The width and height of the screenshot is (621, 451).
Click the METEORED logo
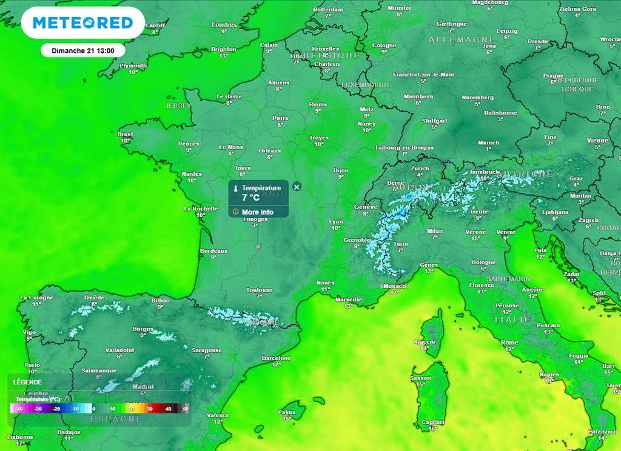[82, 23]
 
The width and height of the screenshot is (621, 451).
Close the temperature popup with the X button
[297, 187]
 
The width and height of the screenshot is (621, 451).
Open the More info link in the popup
[257, 212]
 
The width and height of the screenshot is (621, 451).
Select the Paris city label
[280, 118]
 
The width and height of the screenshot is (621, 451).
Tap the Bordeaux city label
[213, 250]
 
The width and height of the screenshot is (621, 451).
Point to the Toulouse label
[259, 290]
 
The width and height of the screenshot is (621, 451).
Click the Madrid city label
[143, 387]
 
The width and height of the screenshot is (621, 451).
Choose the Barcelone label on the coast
[277, 358]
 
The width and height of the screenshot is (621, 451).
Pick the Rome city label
[509, 342]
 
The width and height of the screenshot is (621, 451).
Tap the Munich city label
[488, 143]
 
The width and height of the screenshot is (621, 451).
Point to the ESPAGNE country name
[116, 419]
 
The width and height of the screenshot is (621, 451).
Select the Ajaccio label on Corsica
[425, 342]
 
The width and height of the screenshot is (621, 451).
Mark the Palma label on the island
[287, 412]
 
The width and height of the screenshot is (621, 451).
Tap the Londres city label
[224, 25]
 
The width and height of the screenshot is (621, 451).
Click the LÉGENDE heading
[27, 382]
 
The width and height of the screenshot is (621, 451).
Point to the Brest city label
[125, 134]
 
